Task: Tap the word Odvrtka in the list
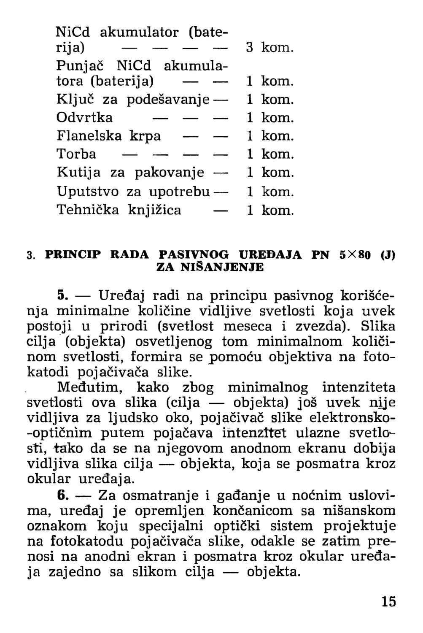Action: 84,117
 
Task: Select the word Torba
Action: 76,154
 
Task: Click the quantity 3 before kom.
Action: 250,47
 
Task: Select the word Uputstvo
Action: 87,192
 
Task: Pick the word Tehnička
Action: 88,210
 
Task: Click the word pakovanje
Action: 169,172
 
